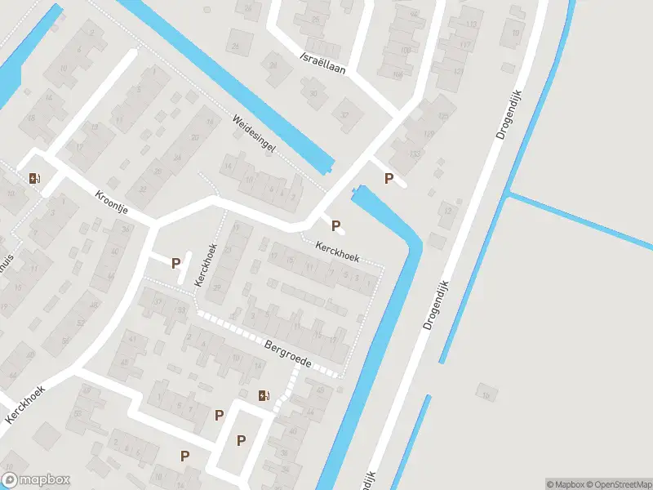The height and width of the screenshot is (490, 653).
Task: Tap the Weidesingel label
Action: point(254,134)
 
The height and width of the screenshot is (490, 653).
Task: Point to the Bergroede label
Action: point(288,354)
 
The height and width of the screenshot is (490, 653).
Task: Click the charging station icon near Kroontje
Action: point(34,178)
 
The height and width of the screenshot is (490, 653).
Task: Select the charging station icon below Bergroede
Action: point(263,396)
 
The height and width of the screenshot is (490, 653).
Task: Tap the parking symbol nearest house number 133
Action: point(389,179)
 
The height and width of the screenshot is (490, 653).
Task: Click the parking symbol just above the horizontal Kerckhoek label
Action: point(335,225)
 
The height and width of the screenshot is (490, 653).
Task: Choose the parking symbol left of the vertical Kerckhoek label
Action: point(175,262)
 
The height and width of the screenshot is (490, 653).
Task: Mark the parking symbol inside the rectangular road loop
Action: point(241,440)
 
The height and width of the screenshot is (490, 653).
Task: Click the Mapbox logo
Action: point(36,480)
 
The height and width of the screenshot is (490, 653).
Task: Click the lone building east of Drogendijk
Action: point(487,393)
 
